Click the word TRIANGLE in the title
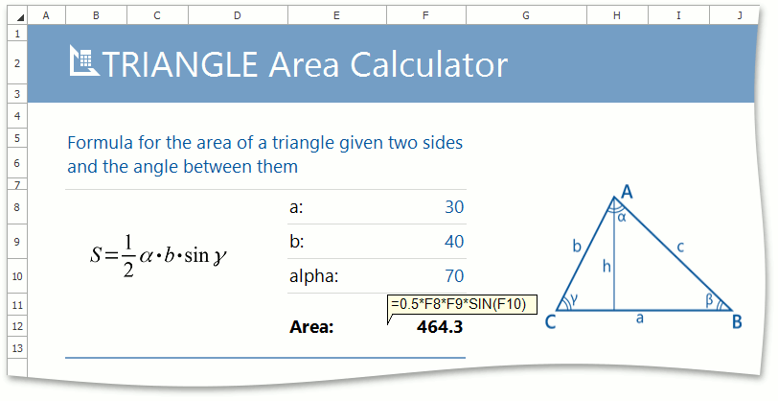(179, 64)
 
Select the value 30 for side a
(454, 206)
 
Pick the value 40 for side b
(454, 242)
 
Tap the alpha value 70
(454, 275)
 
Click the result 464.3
(440, 327)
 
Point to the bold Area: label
(311, 327)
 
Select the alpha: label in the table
(313, 275)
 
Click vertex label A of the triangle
(627, 191)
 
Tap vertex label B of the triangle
(737, 322)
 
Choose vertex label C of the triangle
(550, 322)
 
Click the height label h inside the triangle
(606, 267)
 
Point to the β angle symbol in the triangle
(710, 299)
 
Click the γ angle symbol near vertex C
(574, 298)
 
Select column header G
(526, 15)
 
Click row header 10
(17, 275)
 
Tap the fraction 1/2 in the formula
(128, 255)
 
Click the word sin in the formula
(196, 255)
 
